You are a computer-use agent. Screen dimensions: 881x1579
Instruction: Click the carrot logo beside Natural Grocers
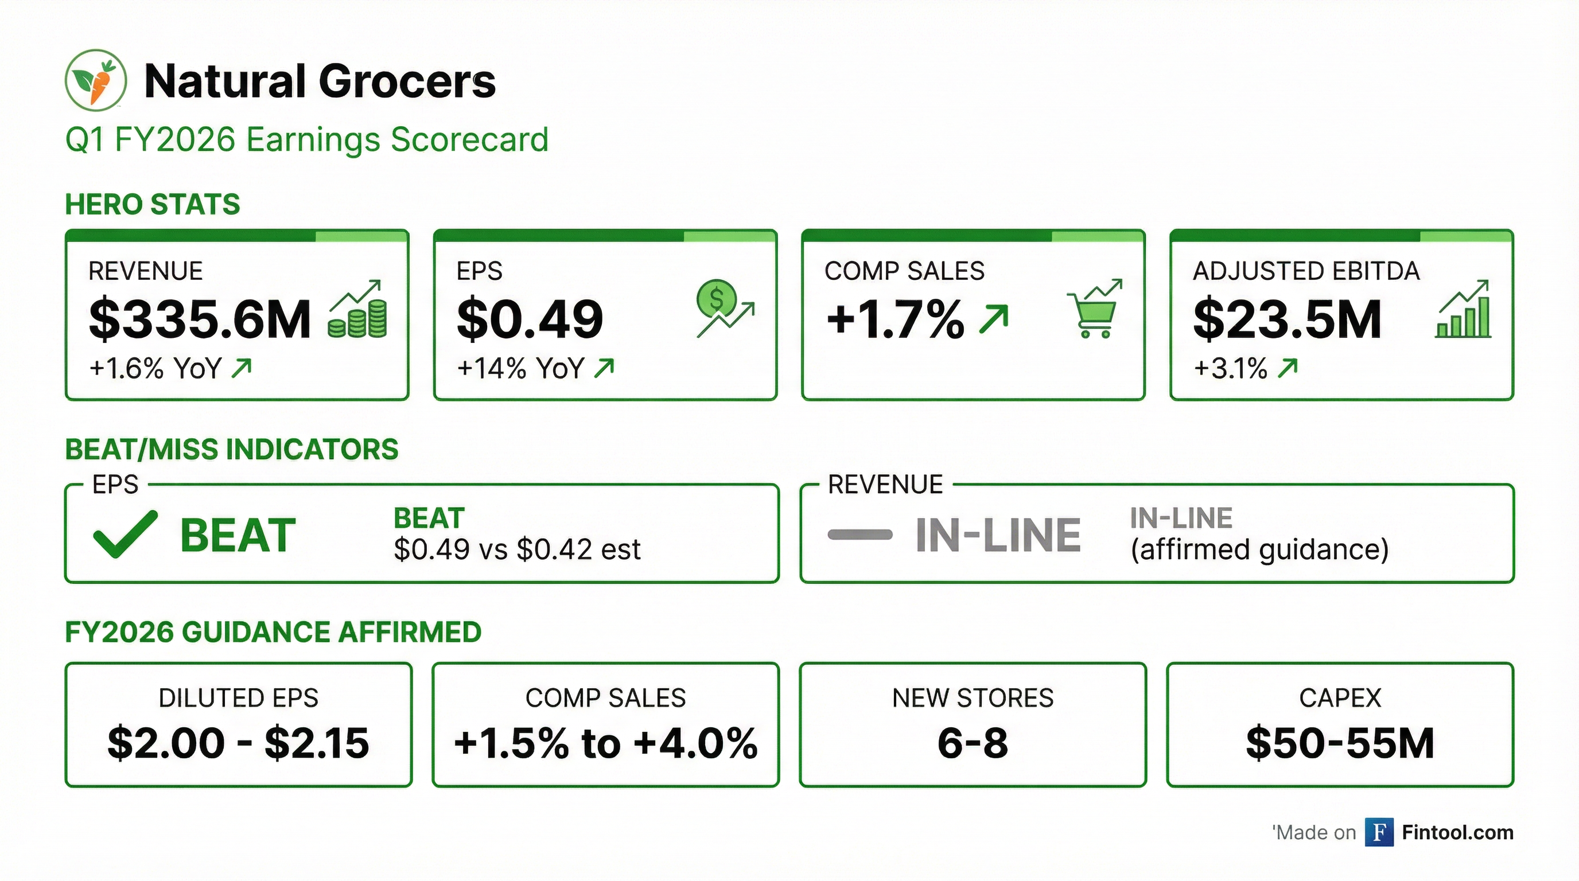[x=96, y=80]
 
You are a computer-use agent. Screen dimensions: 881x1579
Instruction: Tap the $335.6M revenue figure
[x=200, y=319]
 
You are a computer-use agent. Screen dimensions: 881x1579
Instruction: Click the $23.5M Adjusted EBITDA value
[x=1287, y=319]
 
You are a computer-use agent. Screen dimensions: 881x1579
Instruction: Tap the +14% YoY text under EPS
[x=521, y=369]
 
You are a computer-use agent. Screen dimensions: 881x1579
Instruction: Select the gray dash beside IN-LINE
[x=859, y=535]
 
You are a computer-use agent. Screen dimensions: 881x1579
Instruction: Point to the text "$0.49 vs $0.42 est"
[x=517, y=549]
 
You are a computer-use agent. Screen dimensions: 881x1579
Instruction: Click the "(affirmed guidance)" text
[x=1259, y=549]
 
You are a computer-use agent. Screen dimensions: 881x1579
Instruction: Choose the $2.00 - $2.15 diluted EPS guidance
[x=239, y=743]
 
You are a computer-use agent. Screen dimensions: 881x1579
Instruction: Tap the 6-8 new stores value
[x=973, y=743]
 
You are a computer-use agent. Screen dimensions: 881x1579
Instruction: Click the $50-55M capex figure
[x=1340, y=743]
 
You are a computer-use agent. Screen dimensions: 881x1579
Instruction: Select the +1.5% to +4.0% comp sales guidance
[x=606, y=743]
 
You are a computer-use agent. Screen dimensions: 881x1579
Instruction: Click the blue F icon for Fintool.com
[x=1379, y=833]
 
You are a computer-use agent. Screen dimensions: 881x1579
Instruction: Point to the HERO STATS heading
[x=153, y=205]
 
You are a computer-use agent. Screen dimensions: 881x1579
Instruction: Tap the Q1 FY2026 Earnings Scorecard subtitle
[x=306, y=140]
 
